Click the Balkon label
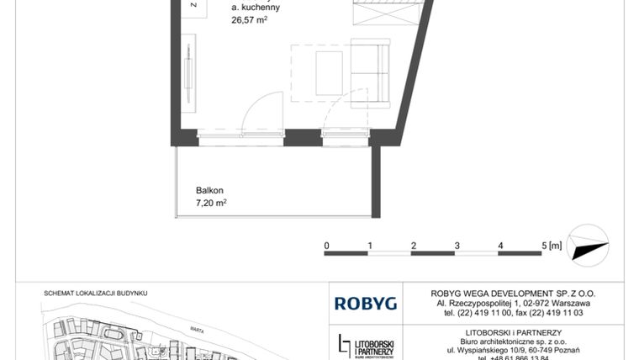210,190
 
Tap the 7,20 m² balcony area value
212,203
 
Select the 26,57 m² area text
250,22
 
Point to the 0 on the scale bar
326,246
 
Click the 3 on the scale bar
457,246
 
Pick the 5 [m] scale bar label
552,246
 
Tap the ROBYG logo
360,303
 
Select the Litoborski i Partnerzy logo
368,345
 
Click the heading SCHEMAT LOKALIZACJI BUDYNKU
96,294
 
